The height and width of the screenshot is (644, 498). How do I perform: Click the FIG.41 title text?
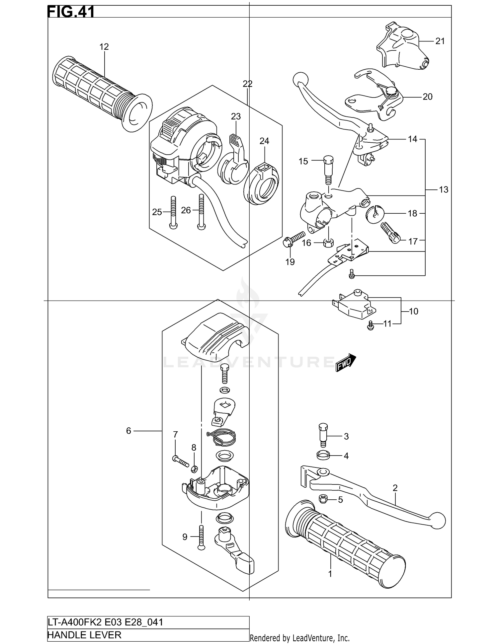pos(71,12)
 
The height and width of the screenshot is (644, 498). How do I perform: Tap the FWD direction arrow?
pos(345,363)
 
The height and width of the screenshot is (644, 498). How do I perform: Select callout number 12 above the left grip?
pos(104,47)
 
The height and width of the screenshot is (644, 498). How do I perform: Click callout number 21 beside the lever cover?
pos(440,41)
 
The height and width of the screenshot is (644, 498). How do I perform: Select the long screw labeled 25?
pos(173,212)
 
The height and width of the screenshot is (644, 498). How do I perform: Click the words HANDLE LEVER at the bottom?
pos(85,635)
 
